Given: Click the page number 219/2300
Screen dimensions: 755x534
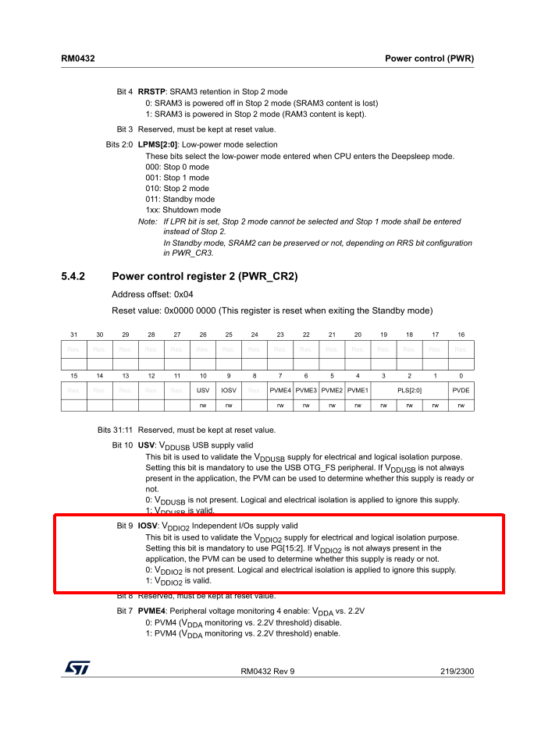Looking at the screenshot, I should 455,670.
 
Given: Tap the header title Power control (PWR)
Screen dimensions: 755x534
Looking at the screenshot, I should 429,58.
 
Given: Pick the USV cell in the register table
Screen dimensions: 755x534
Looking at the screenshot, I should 203,388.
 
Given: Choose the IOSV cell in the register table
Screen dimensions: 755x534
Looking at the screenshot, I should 229,388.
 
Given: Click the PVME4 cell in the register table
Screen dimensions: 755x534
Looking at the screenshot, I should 280,388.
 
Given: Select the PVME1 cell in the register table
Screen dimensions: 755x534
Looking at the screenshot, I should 358,388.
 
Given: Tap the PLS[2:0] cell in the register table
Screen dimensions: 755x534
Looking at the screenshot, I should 409,388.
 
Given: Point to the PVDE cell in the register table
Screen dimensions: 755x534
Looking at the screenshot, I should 461,388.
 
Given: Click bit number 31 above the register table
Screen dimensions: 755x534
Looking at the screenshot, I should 74,334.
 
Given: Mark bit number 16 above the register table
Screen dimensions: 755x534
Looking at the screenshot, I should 461,334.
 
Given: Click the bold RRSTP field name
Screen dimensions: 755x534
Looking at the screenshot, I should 151,92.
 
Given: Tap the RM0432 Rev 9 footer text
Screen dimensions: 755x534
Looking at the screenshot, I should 267,670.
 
